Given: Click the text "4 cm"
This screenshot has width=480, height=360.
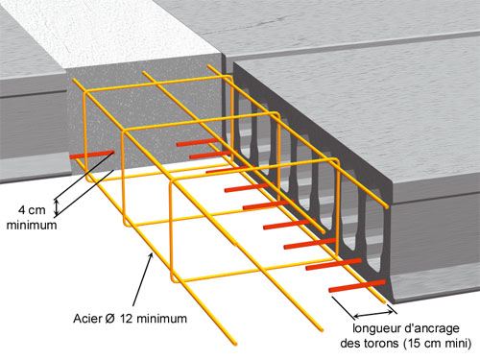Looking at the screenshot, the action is (x=32, y=210).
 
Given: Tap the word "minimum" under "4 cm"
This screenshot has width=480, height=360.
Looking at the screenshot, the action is (x=32, y=225).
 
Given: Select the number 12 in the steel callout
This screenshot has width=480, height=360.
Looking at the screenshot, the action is (x=127, y=319).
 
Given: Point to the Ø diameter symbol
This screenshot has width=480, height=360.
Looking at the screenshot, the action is (x=109, y=319).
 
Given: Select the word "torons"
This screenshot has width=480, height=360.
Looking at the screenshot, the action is (x=381, y=344).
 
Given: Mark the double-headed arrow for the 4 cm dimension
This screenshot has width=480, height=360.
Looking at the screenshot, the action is (x=57, y=207).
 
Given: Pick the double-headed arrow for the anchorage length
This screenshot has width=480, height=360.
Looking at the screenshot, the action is (x=373, y=314).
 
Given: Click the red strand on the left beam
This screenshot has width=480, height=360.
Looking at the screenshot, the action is (x=92, y=155).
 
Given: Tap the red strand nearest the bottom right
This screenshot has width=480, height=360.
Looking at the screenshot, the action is (x=357, y=286).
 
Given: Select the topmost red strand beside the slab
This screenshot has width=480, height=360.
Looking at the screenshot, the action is (x=200, y=142).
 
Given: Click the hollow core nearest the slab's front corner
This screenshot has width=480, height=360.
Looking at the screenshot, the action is (x=373, y=231).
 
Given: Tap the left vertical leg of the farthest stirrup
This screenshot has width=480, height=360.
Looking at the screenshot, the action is (x=84, y=135).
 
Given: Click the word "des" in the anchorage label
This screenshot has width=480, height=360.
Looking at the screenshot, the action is (x=350, y=344).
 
